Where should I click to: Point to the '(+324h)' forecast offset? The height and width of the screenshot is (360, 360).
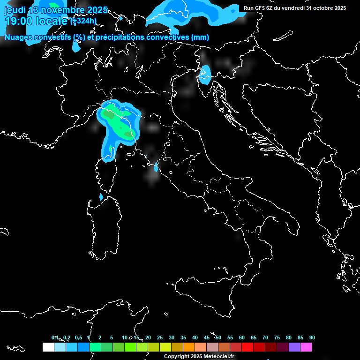point(83,21)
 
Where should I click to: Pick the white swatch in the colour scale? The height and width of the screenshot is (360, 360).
point(48,347)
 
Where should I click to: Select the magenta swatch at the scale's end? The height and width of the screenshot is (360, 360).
point(306,347)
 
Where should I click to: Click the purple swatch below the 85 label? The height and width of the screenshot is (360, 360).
point(294,347)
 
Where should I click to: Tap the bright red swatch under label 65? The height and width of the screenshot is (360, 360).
point(247,347)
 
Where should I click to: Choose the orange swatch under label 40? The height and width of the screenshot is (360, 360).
point(188,347)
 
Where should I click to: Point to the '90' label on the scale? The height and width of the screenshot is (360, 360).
point(312,337)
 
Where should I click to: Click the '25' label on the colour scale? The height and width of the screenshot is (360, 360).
point(160,337)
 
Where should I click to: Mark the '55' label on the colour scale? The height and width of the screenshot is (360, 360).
point(230,337)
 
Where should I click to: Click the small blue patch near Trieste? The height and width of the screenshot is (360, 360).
point(205,74)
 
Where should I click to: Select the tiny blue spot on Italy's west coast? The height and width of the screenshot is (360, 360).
point(156,166)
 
